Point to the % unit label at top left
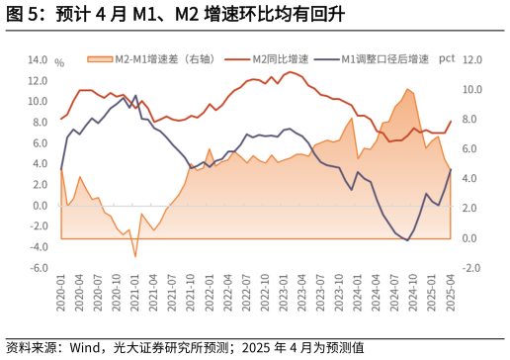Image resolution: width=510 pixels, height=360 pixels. point(59,62)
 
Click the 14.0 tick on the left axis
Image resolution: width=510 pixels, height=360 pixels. point(37,59)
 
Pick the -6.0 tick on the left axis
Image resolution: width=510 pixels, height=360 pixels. point(37,268)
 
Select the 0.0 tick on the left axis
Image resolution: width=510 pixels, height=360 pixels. point(40,206)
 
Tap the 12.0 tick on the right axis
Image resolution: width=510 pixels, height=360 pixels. point(471,59)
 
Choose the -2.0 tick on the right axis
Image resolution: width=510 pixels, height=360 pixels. point(471,268)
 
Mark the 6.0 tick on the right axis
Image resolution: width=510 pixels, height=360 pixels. point(471,149)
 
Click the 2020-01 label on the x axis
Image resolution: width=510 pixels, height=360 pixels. point(61,296)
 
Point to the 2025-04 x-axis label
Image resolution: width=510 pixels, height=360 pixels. point(451,296)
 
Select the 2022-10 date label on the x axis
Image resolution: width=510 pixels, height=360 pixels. point(267,296)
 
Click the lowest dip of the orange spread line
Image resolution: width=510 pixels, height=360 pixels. point(135,257)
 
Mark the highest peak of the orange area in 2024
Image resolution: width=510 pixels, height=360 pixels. point(406,89)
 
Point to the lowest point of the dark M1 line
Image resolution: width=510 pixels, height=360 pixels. point(407,240)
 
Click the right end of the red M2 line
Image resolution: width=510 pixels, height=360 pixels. point(451,122)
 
